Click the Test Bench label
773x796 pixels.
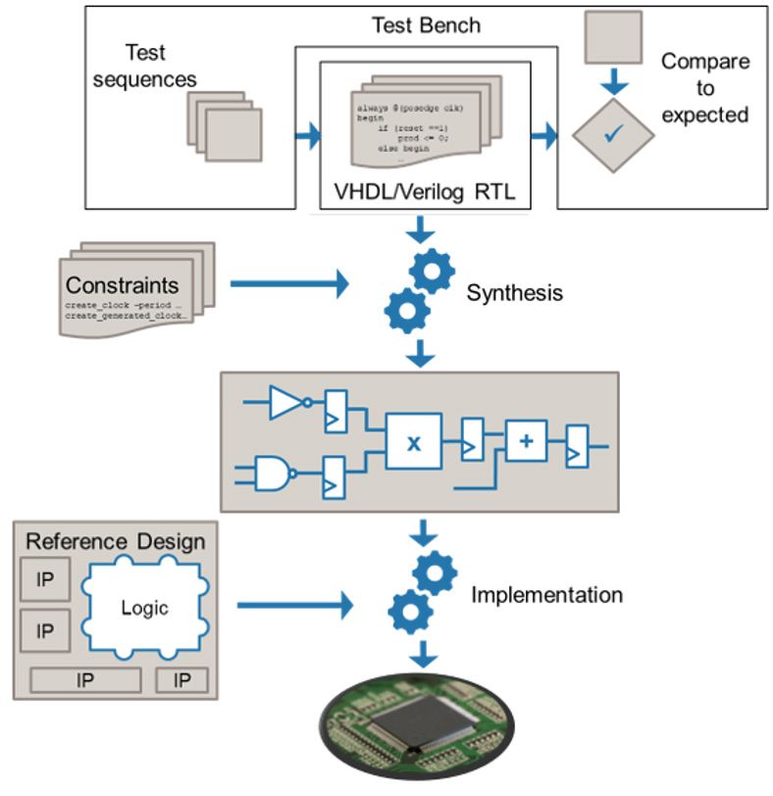coord(426,25)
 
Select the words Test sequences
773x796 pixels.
coord(144,65)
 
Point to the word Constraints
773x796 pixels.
coord(123,285)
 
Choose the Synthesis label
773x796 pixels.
coord(515,292)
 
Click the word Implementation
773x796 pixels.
coord(546,594)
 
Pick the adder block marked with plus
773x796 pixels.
coord(526,441)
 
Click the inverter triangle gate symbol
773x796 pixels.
coord(286,403)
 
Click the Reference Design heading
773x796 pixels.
coord(115,541)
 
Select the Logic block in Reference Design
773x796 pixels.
coord(144,608)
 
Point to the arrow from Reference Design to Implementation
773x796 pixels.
coord(293,605)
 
